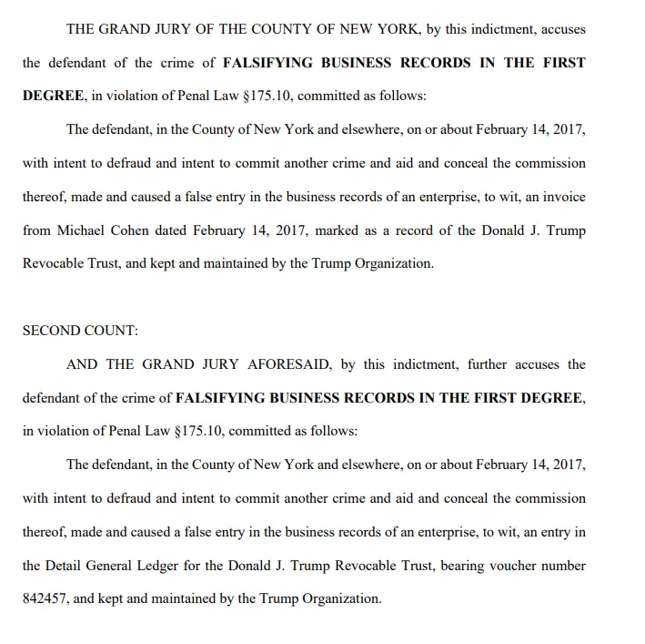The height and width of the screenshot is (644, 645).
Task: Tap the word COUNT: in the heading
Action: point(112,331)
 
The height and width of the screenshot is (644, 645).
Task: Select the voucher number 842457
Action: point(46,599)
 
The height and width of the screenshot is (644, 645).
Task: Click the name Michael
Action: point(89,230)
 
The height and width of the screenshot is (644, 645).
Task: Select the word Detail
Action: point(64,566)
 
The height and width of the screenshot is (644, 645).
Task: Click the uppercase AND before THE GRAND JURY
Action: point(83,364)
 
